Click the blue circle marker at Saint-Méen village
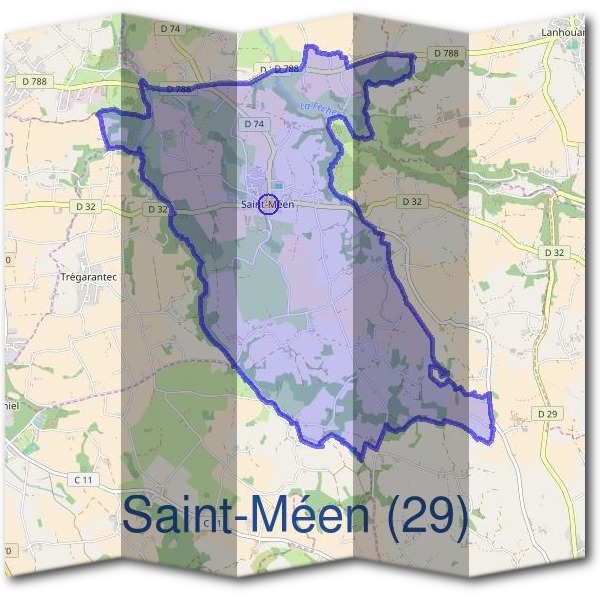tap(267, 204)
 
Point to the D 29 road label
tap(546, 413)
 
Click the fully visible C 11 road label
tap(83, 481)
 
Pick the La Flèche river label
tap(320, 104)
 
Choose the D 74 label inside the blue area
tap(253, 124)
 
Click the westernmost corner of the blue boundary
tap(97, 115)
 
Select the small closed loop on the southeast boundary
tap(437, 374)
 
